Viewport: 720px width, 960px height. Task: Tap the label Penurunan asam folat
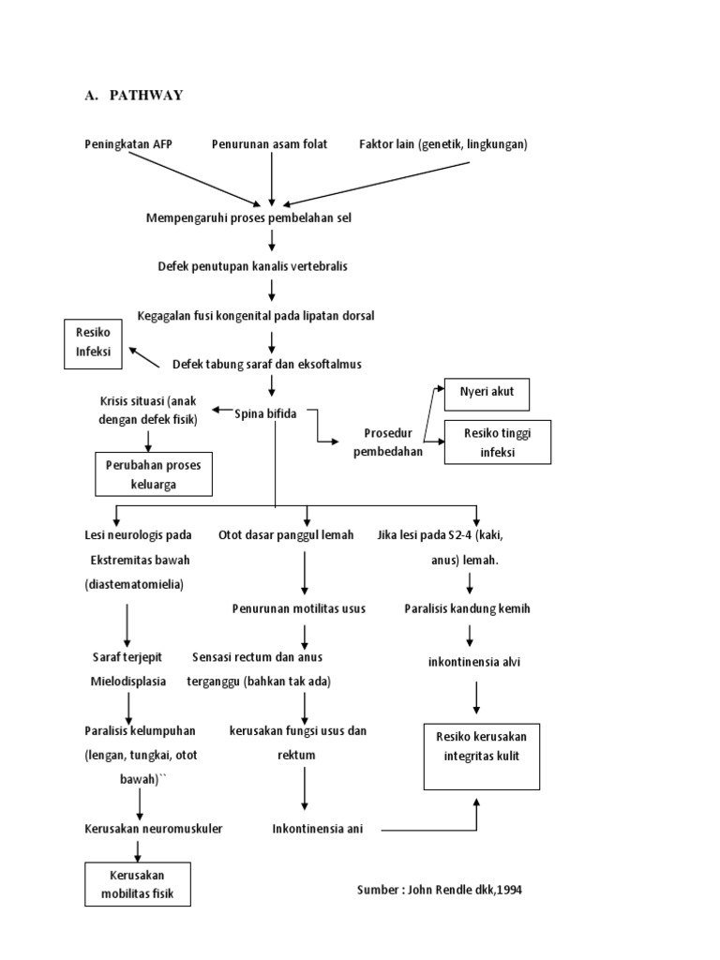(269, 144)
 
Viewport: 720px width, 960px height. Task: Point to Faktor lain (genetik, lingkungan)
(443, 144)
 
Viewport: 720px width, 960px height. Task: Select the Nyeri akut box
(487, 394)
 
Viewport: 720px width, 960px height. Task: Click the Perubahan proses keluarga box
(154, 473)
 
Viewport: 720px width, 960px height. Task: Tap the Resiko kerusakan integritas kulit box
(482, 745)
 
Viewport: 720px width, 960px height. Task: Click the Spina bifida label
(265, 413)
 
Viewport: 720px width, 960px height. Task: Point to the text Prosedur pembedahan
(388, 442)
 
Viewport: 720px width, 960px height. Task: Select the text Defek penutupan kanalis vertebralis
(252, 266)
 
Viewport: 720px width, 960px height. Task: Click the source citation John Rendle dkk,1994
(439, 890)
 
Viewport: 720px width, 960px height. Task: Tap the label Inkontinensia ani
(317, 829)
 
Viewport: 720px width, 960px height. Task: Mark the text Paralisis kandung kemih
(467, 608)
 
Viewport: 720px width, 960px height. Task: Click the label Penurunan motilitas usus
(298, 608)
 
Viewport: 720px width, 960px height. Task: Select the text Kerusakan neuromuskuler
(152, 829)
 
